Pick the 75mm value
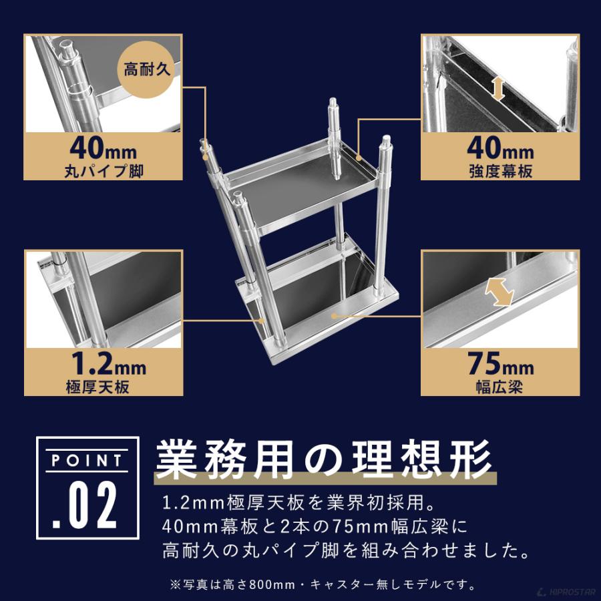(x=500, y=366)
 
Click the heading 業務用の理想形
(x=325, y=458)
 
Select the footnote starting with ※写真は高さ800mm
(x=323, y=586)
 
